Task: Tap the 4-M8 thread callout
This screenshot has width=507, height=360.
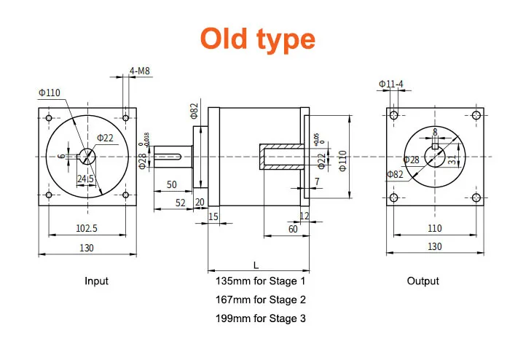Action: coord(140,71)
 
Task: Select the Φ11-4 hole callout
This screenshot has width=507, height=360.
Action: coord(391,85)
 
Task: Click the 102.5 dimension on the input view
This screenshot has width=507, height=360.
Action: coord(87,227)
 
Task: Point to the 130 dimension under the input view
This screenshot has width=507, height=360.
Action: coord(86,247)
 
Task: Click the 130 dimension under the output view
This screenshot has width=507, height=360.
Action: coord(434,247)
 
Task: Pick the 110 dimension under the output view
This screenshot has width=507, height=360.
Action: coord(434,227)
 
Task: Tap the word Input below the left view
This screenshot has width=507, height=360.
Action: coord(96,281)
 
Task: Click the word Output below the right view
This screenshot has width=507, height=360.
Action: coord(422,281)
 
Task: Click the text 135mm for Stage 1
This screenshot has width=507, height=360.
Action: coord(261,281)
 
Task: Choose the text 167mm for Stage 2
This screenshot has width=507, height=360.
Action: coord(261,300)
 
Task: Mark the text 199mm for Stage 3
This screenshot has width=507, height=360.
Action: coord(261,318)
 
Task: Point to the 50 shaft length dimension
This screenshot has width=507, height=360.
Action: coord(172,184)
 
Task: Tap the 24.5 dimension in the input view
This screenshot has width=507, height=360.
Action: coord(86,179)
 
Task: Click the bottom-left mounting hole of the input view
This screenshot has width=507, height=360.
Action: coord(48,195)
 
